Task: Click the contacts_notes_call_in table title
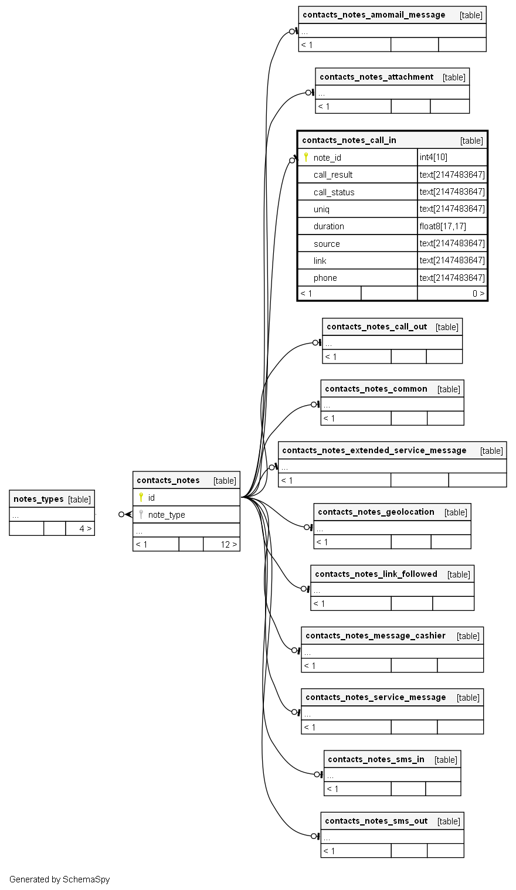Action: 349,140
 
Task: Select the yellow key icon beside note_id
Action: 305,157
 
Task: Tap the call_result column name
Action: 333,175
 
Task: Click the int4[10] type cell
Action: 433,157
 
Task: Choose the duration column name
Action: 328,226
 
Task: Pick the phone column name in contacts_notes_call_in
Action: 325,278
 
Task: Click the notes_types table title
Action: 39,499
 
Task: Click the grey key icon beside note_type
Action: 141,514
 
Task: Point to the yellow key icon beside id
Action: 141,497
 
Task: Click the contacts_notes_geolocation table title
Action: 376,512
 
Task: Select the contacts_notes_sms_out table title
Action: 376,821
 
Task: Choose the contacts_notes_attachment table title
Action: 376,77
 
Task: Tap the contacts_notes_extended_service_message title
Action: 374,450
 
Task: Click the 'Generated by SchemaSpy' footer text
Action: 59,879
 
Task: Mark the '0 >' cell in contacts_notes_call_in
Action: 478,293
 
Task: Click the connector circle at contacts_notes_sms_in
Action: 317,774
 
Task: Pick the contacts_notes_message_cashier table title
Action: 375,636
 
